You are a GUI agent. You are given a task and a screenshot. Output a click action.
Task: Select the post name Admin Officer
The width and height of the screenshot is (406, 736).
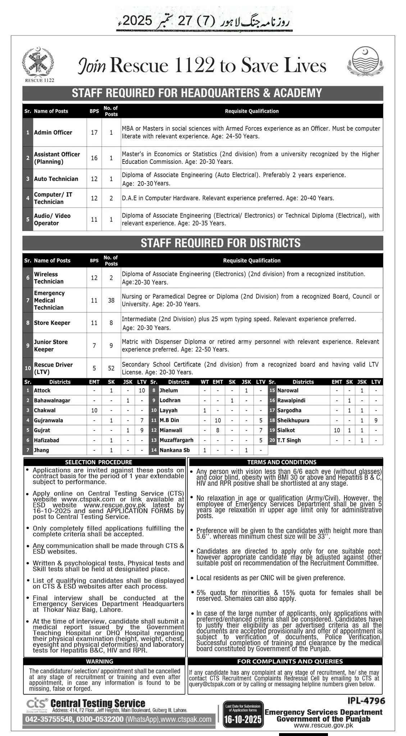pyautogui.click(x=53, y=132)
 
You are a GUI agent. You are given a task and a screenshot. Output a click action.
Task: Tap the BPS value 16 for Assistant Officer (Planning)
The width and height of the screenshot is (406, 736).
pyautogui.click(x=94, y=158)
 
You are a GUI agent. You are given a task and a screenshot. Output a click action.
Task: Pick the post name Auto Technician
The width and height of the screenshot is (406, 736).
pyautogui.click(x=56, y=179)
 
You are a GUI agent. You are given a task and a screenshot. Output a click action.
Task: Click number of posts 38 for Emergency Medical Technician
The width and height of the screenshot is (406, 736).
pyautogui.click(x=111, y=300)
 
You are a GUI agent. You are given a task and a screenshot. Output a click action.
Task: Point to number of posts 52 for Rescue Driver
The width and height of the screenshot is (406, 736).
pyautogui.click(x=111, y=368)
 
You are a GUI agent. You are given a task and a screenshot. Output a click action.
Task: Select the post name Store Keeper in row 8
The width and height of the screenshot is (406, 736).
pyautogui.click(x=52, y=323)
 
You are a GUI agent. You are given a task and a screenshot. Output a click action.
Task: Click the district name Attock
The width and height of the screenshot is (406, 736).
pyautogui.click(x=42, y=390)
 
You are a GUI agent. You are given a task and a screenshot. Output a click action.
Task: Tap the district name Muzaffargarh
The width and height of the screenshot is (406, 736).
pyautogui.click(x=176, y=440)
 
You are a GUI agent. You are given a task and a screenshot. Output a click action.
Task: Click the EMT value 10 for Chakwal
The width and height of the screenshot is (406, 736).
pyautogui.click(x=94, y=410)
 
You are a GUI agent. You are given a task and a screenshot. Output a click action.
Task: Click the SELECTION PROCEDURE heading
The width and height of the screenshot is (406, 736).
pyautogui.click(x=99, y=462)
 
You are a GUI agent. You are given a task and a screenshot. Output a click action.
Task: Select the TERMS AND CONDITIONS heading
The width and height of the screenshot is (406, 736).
pyautogui.click(x=282, y=462)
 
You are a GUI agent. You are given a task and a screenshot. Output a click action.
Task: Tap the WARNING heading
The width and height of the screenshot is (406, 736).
pyautogui.click(x=100, y=661)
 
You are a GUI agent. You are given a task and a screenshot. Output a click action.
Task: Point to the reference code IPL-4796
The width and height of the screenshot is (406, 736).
pyautogui.click(x=366, y=700)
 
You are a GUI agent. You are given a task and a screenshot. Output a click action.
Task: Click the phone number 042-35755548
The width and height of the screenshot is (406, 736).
pyautogui.click(x=49, y=719)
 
